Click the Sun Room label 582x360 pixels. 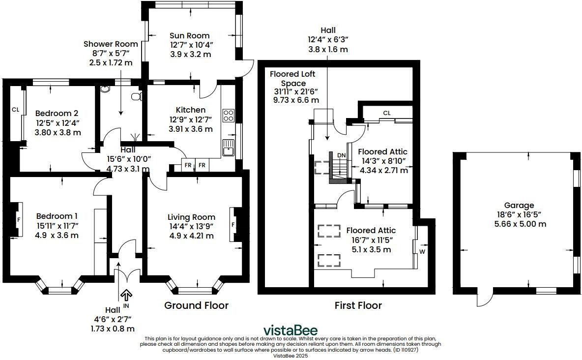click(189, 35)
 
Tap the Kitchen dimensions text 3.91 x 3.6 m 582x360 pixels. click(191, 129)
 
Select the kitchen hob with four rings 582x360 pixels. click(229, 116)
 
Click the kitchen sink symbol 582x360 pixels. click(228, 148)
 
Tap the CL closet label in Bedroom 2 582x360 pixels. click(15, 109)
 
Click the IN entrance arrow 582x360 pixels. click(126, 296)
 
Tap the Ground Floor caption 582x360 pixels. click(196, 305)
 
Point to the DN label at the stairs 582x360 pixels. click(341, 155)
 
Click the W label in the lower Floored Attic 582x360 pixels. click(422, 252)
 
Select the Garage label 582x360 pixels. click(519, 205)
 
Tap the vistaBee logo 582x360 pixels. click(290, 330)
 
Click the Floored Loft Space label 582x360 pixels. click(292, 79)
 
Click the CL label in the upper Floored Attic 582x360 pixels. click(386, 113)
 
